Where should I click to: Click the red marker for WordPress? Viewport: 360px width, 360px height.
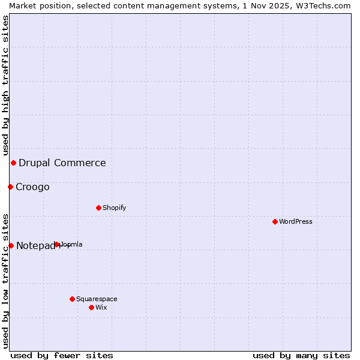coord(275,221)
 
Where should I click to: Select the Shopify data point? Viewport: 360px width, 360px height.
coord(98,208)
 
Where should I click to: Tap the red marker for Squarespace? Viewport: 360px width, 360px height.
coord(72,299)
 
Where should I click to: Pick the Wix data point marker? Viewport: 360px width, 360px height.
coord(91,307)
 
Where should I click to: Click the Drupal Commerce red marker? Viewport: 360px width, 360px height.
coord(13,163)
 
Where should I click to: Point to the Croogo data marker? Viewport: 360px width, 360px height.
coord(10,187)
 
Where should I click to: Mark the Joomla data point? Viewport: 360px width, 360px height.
coord(57,244)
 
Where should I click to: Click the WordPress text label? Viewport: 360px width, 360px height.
coord(296,221)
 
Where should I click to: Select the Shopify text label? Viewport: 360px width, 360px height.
coord(115,208)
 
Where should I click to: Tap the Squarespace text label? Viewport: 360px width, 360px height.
coord(97,299)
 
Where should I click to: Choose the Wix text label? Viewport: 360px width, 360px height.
coord(101,307)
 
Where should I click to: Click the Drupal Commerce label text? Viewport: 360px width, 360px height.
coord(62,163)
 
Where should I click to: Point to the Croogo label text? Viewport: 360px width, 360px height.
coord(32,187)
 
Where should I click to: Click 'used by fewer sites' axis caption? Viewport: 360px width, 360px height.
coord(62,355)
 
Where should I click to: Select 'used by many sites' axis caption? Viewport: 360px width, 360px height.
coord(301,355)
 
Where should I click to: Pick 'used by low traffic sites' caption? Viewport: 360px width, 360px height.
coord(5,281)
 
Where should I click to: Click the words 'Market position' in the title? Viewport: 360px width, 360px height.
coord(38,5)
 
